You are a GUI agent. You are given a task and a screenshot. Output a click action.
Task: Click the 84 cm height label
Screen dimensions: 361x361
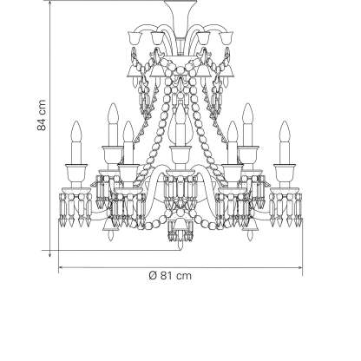click(42, 115)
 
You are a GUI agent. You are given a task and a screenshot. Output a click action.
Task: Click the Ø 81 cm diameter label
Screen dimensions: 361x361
click(170, 275)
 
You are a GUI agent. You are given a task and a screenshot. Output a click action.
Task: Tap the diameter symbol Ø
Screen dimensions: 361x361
click(153, 275)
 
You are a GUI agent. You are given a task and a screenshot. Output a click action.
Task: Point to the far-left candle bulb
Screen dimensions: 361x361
click(76, 131)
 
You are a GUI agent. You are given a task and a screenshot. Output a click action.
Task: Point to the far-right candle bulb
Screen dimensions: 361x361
click(285, 131)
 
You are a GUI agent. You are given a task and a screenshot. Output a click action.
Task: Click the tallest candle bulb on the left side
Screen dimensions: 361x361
click(113, 114)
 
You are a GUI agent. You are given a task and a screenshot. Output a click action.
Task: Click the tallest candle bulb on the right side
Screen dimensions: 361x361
click(247, 114)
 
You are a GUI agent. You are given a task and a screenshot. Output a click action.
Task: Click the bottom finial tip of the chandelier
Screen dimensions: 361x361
click(180, 247)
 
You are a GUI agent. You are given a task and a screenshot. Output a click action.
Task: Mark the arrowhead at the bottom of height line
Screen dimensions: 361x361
click(49, 253)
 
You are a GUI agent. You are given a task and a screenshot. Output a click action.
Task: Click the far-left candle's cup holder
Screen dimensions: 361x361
click(76, 173)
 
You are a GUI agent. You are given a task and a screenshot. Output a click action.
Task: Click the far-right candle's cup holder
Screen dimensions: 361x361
click(285, 173)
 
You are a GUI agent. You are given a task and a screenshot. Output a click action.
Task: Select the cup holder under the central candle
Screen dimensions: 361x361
click(180, 154)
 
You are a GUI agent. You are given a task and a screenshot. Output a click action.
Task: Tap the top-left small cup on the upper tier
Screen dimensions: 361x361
click(134, 38)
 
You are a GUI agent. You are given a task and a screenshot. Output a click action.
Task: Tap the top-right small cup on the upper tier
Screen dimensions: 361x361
click(227, 38)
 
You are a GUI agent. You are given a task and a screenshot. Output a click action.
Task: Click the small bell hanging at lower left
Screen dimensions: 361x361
click(110, 228)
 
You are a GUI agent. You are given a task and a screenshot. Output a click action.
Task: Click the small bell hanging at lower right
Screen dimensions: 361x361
click(250, 228)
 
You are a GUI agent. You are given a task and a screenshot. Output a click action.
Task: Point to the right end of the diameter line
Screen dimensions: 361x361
click(303, 268)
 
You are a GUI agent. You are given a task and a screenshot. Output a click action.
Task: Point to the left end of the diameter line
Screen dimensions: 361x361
click(59, 268)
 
